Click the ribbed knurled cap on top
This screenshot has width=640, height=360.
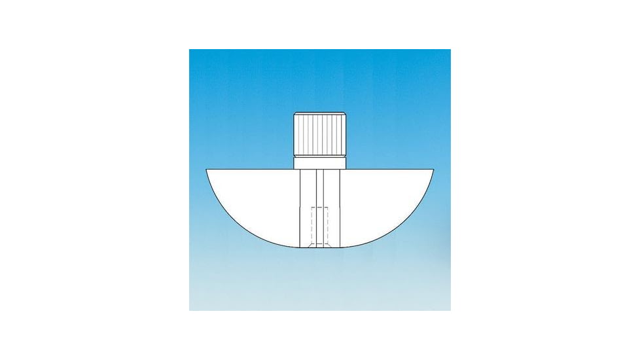tap(319, 134)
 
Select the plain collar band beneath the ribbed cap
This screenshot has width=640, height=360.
tap(319, 163)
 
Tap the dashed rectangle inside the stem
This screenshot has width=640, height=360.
tap(319, 226)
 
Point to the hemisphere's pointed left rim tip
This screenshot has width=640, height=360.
tap(207, 170)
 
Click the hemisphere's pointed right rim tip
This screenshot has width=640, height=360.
tap(433, 170)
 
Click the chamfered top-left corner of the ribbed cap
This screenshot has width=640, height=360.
tap(295, 115)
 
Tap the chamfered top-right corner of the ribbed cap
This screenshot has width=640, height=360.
tap(344, 115)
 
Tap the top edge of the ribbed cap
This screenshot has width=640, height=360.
tap(319, 113)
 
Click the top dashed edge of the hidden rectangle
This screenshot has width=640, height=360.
tap(319, 207)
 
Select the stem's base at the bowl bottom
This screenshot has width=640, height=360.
tap(319, 247)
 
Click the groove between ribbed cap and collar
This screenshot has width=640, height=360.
tap(319, 156)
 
